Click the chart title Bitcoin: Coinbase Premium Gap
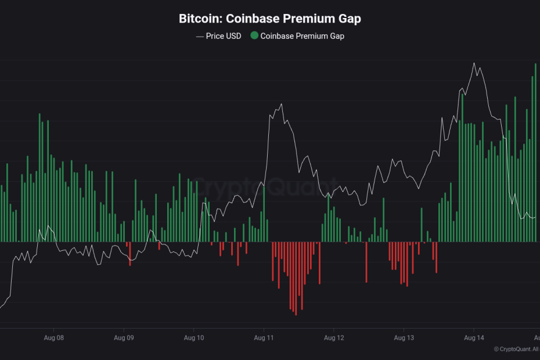[x=269, y=19]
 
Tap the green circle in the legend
[x=254, y=36]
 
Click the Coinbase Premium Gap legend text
[x=302, y=36]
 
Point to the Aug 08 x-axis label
[x=53, y=337]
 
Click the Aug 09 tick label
[x=124, y=337]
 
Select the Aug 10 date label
[x=194, y=337]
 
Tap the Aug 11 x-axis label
[x=264, y=337]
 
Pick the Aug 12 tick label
[x=334, y=337]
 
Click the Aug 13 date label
[x=404, y=337]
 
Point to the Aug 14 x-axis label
[x=474, y=337]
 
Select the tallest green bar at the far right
[x=535, y=151]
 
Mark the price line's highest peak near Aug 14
[x=474, y=63]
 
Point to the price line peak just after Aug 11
[x=281, y=105]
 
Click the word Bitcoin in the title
[x=197, y=19]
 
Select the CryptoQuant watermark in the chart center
[x=264, y=189]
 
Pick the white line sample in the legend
[x=200, y=36]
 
